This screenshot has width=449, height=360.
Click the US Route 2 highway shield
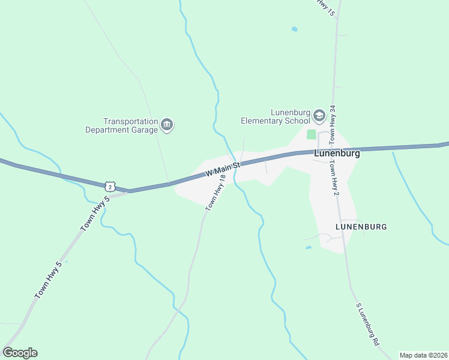(109, 186)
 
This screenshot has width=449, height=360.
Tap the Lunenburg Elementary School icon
(319, 115)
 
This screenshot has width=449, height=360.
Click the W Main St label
(222, 168)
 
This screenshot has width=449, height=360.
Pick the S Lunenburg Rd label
(368, 323)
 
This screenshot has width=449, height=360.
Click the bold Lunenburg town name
(337, 154)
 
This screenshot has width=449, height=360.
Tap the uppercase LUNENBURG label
(361, 227)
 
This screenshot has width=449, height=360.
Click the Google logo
(20, 353)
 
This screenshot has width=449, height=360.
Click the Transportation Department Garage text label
(122, 125)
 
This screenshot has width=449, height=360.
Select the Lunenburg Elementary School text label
(275, 116)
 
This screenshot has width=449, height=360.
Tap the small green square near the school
(311, 134)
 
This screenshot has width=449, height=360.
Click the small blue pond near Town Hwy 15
(294, 29)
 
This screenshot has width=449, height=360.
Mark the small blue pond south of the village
(308, 247)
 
